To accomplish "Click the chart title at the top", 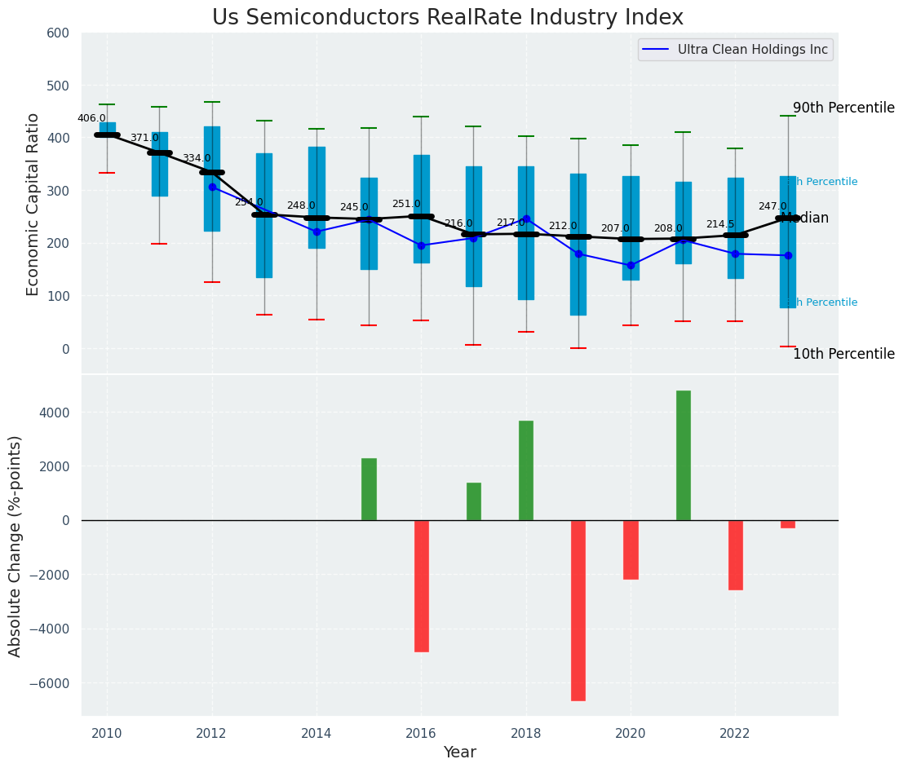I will click(447, 18).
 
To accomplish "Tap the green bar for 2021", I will click(684, 455).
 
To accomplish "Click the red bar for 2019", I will click(578, 610).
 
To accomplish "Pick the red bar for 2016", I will click(422, 585).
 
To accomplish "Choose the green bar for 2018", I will click(526, 470).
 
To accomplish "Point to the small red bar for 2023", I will click(788, 524).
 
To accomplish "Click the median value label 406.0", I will click(91, 118).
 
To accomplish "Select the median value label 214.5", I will click(720, 224).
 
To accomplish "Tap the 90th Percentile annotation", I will click(843, 108).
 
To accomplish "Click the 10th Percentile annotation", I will click(843, 354).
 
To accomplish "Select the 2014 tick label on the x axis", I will click(316, 734).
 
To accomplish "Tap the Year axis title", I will click(459, 753).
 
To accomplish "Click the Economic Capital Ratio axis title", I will click(33, 204).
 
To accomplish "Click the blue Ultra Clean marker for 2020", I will click(631, 265).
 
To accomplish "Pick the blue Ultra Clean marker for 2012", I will click(212, 187).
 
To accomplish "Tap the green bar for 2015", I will click(370, 489).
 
